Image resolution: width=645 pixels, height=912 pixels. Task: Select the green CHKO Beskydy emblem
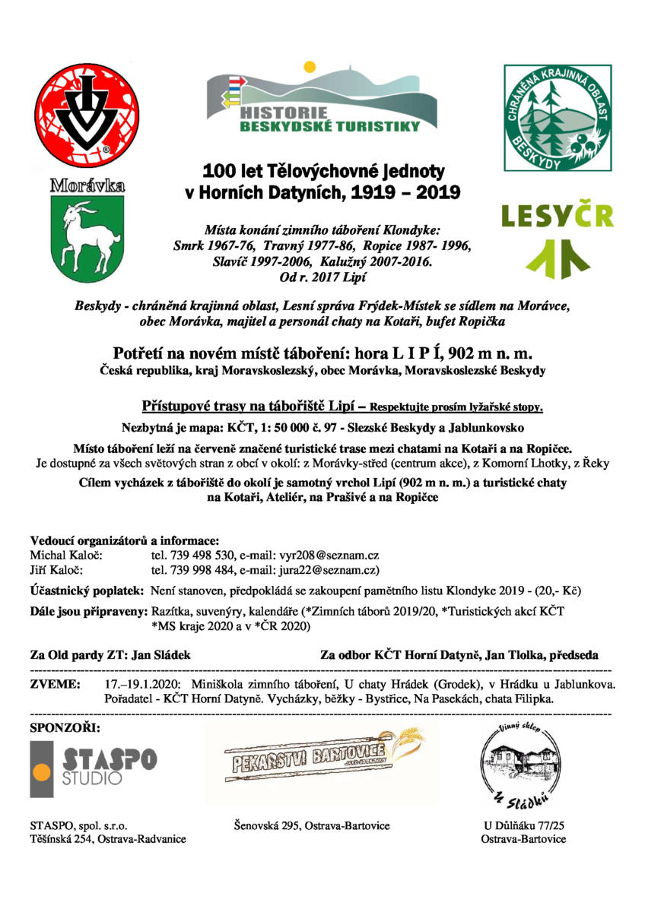557,118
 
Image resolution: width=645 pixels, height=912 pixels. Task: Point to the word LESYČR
557,215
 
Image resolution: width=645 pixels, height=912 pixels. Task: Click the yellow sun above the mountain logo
310,67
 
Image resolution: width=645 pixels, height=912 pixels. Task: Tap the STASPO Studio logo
94,768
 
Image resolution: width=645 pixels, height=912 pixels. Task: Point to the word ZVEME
55,685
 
